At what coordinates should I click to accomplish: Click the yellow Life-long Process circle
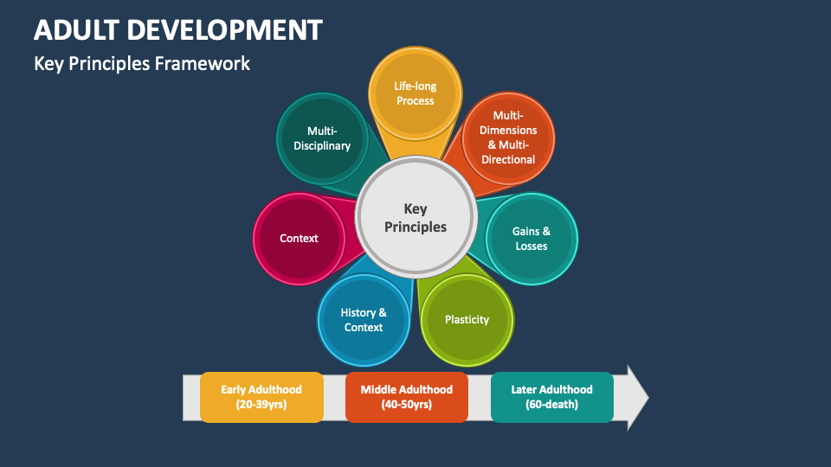pos(415,93)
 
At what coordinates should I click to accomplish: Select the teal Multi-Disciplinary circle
pos(322,138)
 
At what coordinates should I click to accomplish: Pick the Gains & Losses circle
pos(531,239)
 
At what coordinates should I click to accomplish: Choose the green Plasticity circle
pos(467,320)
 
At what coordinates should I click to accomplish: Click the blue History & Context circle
pos(364,320)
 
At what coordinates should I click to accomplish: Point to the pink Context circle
pos(299,239)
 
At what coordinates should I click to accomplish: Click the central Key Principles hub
pos(415,218)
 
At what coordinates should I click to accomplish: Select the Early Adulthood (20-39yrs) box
pos(262,397)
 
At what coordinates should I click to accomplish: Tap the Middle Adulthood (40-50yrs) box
pos(407,397)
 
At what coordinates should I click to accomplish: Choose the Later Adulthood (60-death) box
pos(551,397)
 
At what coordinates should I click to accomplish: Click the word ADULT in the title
pos(75,31)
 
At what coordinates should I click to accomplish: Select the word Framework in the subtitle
pos(208,63)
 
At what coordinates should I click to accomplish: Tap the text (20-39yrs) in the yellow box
pos(262,405)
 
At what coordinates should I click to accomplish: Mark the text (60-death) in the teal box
pos(551,405)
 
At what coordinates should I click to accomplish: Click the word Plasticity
pos(467,320)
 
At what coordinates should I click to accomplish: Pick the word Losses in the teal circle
pos(531,246)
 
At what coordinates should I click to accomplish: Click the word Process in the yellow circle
pos(415,101)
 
